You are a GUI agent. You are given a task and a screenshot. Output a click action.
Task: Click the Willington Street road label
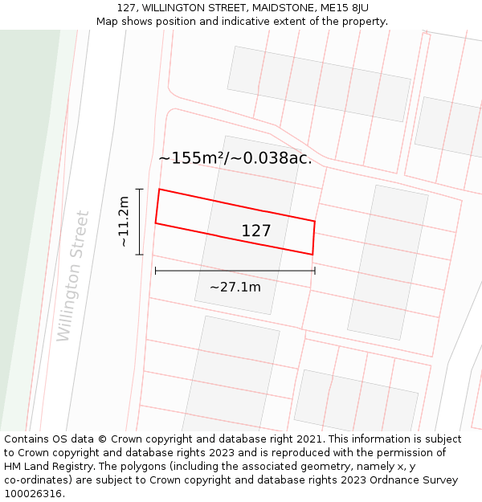click(x=73, y=275)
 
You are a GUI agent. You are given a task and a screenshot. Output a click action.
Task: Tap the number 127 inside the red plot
click(x=256, y=231)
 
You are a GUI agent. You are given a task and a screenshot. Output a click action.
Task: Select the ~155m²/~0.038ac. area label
click(x=235, y=158)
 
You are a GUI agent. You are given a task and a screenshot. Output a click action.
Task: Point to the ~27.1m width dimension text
click(x=235, y=287)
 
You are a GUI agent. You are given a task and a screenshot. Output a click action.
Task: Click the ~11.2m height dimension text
click(x=124, y=222)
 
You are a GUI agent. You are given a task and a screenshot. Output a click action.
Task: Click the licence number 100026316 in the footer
click(x=31, y=494)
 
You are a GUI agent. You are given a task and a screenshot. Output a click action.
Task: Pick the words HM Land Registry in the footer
click(x=43, y=467)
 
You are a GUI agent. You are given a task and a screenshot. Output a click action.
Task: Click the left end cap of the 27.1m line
click(x=155, y=271)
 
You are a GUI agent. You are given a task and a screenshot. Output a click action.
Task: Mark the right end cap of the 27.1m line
click(x=315, y=271)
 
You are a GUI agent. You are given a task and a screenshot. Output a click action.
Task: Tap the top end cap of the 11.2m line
click(x=140, y=190)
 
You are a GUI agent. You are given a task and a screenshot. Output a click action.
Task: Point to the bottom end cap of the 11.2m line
click(x=140, y=255)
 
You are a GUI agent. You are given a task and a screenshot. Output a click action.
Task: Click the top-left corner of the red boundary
click(x=159, y=190)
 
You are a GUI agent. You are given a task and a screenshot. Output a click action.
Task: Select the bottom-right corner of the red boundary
click(x=312, y=255)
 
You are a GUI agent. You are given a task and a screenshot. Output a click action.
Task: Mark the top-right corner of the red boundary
click(x=315, y=221)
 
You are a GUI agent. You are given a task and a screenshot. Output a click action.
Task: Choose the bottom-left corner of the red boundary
click(x=155, y=223)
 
